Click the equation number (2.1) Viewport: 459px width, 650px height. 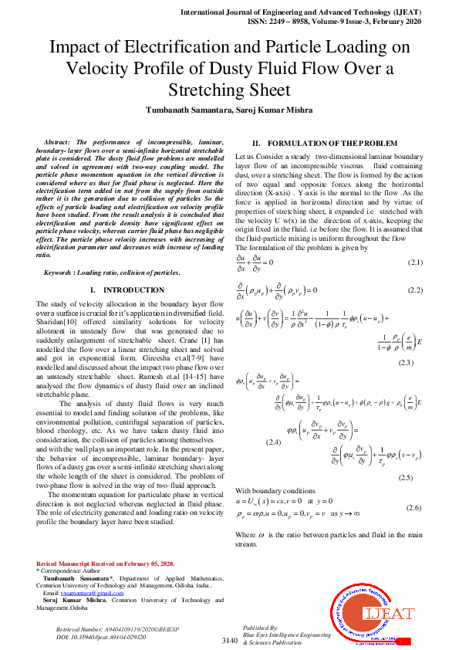(x=416, y=262)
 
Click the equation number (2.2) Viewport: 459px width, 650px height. (x=416, y=289)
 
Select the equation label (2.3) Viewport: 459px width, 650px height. (x=407, y=362)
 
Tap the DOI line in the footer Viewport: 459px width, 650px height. (x=96, y=638)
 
